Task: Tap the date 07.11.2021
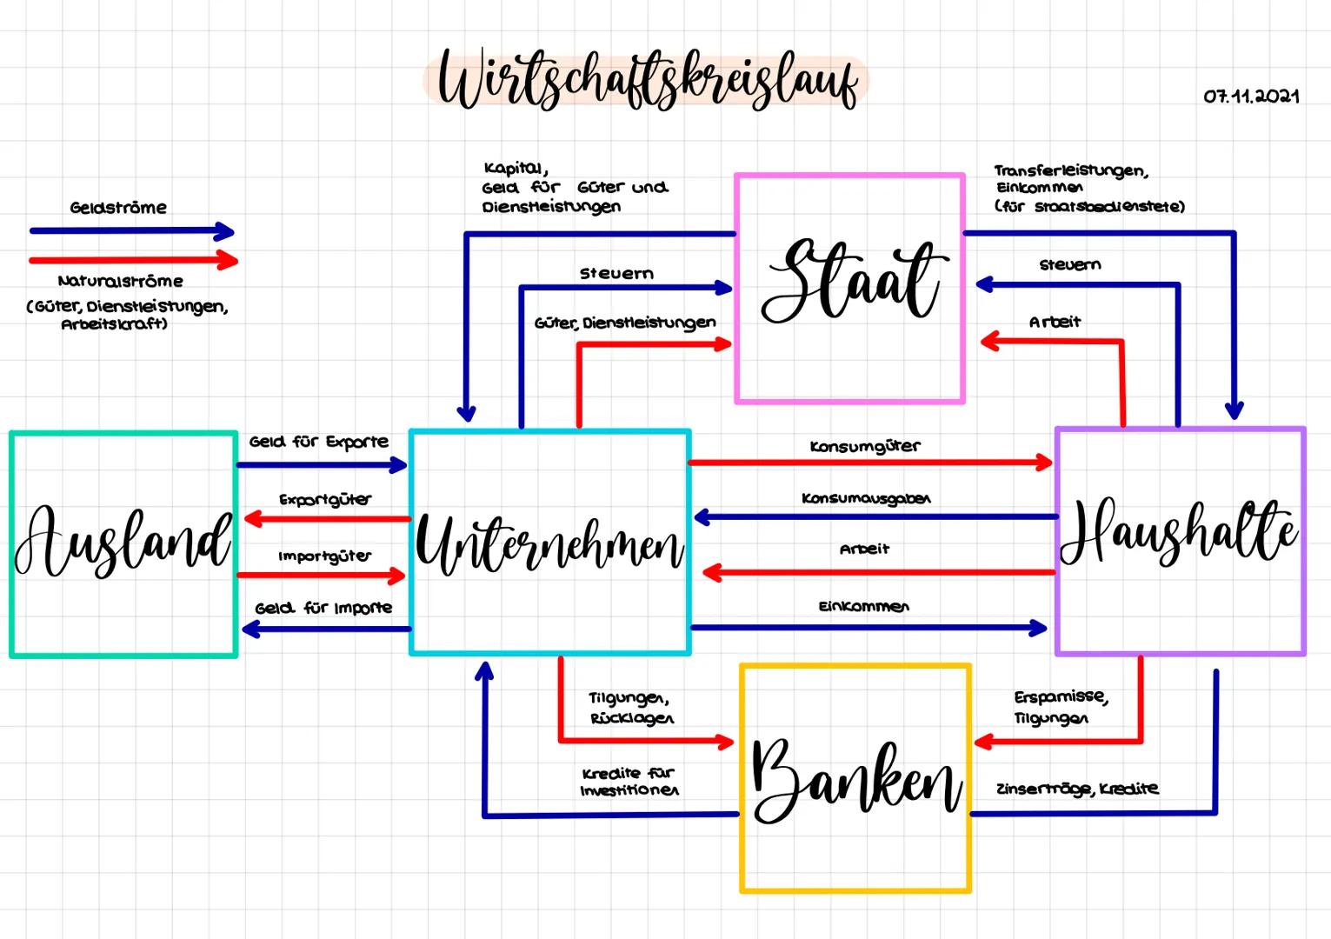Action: point(1251,97)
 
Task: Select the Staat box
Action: point(849,288)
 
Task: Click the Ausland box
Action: point(123,544)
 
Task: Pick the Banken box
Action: point(855,778)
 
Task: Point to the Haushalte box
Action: point(1180,541)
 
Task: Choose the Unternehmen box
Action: point(549,542)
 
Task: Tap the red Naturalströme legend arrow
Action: point(132,260)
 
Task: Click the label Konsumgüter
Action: point(864,447)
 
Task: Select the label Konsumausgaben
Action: point(865,498)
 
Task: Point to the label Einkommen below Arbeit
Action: point(863,606)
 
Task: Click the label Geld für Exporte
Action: point(318,442)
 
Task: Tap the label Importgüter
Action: point(324,556)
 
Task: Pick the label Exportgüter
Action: point(324,500)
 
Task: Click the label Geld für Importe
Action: point(323,608)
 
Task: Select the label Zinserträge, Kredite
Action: point(1076,789)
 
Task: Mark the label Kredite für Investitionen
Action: point(629,782)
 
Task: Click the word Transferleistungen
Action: point(1070,171)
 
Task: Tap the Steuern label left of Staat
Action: point(616,274)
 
